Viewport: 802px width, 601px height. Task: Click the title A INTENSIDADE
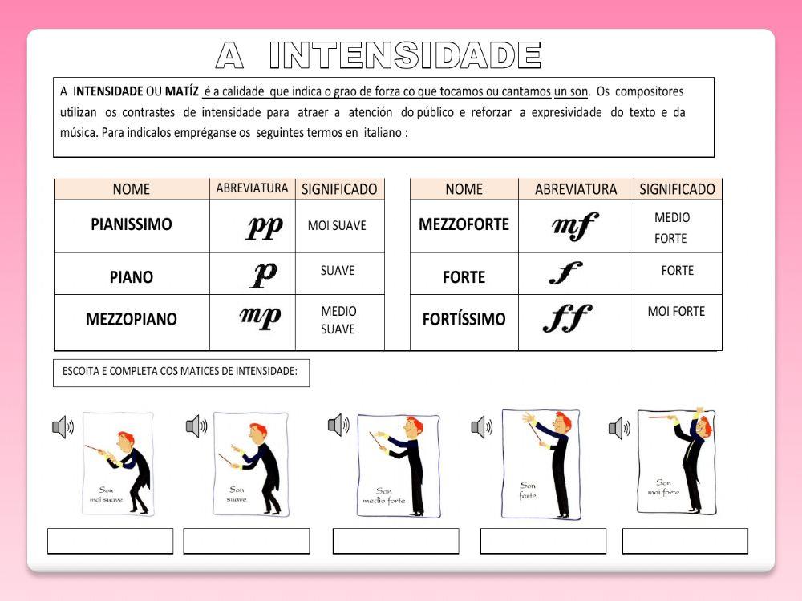click(379, 55)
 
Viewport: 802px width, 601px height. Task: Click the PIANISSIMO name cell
click(132, 225)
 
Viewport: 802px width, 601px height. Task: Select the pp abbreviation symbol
click(264, 228)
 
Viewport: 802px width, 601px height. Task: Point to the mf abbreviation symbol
click(575, 227)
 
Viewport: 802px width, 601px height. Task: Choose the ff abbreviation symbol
click(567, 319)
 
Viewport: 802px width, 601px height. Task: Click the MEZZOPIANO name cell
click(132, 319)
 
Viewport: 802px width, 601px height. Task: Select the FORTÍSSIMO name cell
click(464, 319)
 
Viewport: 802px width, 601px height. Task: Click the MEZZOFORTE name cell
click(464, 225)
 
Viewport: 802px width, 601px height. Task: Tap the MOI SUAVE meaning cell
click(337, 226)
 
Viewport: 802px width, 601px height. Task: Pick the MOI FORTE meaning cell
click(676, 311)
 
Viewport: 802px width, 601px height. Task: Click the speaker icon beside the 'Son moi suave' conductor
click(63, 427)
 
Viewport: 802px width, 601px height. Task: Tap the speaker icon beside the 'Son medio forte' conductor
click(338, 425)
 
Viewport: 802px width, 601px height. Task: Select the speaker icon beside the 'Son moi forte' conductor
click(619, 428)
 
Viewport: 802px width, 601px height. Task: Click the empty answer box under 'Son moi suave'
click(110, 541)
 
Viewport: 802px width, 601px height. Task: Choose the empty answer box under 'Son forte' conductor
click(543, 541)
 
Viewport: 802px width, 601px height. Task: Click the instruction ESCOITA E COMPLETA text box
click(180, 373)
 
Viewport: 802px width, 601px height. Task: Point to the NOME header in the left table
click(132, 189)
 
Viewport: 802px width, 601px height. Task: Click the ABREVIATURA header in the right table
click(576, 189)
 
